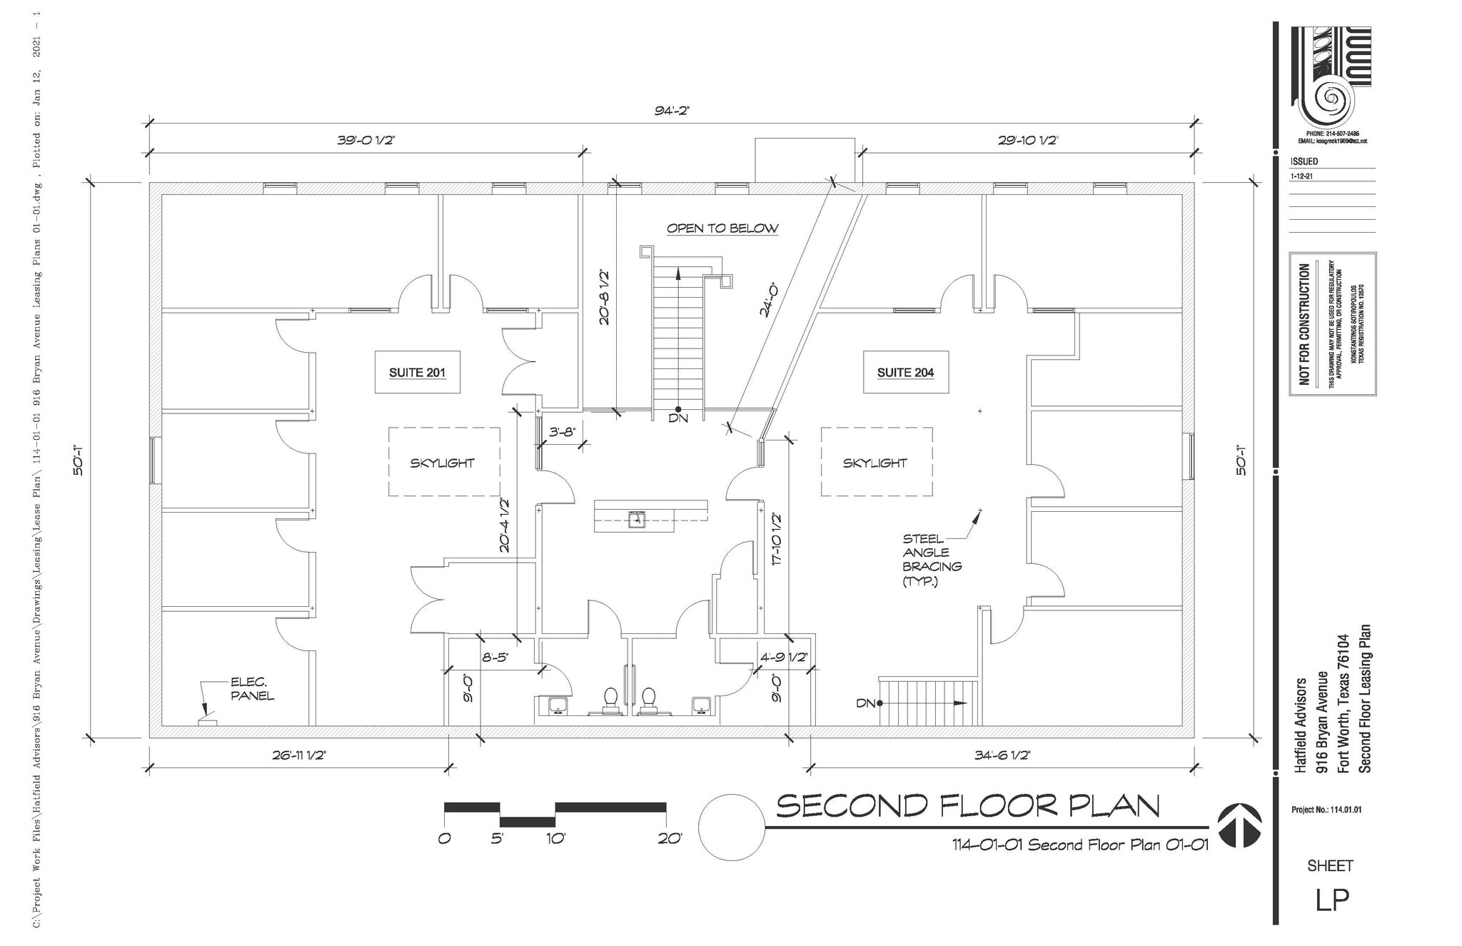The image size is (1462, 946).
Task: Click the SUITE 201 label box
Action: [417, 372]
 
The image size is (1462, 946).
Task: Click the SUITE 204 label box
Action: [905, 372]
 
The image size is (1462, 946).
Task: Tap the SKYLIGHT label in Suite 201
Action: [442, 463]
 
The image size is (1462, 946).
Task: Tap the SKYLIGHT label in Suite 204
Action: [874, 463]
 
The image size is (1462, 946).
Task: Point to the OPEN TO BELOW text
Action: [722, 228]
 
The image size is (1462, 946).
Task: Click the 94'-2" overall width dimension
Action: [672, 111]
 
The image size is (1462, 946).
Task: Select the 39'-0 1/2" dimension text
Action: [365, 141]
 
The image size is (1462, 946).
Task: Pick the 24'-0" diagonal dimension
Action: [767, 300]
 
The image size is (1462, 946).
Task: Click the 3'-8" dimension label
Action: [562, 432]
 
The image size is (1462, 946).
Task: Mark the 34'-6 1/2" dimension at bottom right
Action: [1002, 755]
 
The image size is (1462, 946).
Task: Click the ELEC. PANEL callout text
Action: [251, 689]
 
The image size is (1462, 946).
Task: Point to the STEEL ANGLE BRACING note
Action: [932, 560]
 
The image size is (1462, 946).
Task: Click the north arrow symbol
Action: [1239, 826]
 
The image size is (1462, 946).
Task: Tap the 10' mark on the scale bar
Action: [555, 839]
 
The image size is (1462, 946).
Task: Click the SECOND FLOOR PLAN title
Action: [967, 805]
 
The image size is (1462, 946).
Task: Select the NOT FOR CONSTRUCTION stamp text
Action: [1304, 323]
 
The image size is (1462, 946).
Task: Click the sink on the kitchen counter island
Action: [636, 519]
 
